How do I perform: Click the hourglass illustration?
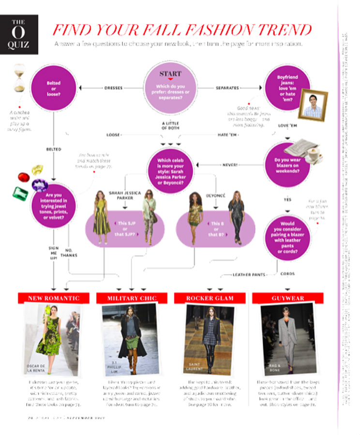click(x=19, y=78)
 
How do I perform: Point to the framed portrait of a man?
click(x=312, y=106)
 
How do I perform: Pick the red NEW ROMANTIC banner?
click(x=53, y=298)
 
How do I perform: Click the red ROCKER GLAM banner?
click(x=210, y=298)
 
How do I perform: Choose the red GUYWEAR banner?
click(x=288, y=298)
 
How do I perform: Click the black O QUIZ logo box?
click(x=19, y=34)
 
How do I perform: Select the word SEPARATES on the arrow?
click(x=227, y=88)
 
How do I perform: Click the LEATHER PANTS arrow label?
click(x=249, y=275)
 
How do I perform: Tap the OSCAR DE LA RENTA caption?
click(x=37, y=369)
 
